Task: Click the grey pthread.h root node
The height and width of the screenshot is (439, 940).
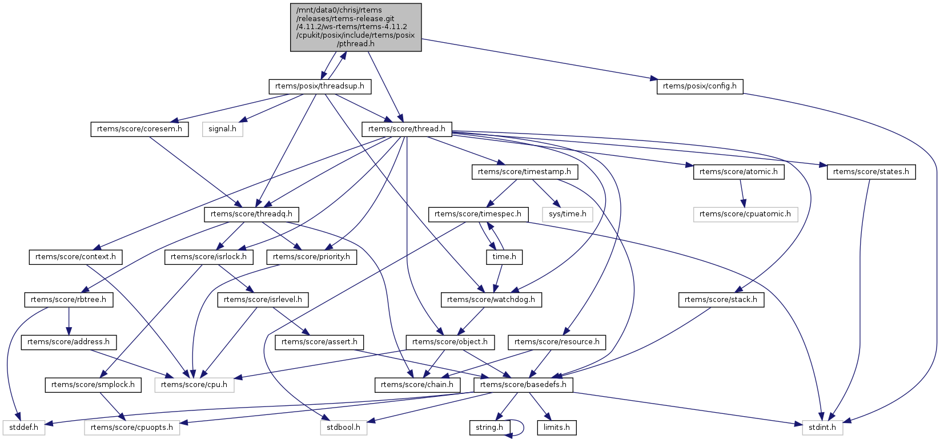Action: coord(356,27)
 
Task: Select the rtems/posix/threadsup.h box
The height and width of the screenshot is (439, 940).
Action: coord(320,87)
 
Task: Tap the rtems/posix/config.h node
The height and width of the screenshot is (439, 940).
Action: coord(700,87)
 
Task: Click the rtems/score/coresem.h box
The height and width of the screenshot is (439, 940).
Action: coord(139,129)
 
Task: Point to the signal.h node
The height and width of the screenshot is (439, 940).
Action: coord(222,129)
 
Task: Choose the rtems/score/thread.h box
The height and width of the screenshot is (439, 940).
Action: coord(407,129)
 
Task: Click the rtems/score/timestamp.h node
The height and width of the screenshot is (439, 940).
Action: coord(525,172)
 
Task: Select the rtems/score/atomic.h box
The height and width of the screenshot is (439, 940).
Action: coord(738,172)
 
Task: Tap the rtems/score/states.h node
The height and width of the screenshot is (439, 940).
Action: coord(871,172)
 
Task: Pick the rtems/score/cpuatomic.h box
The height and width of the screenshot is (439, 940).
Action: coord(745,214)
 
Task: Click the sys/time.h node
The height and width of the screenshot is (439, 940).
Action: coord(568,214)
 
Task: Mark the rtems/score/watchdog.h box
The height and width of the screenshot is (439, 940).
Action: coord(491,300)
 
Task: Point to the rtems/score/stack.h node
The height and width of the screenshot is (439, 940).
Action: coord(721,300)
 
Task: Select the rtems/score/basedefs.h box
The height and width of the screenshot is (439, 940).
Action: coord(523,385)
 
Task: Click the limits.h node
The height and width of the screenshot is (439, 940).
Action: coord(556,428)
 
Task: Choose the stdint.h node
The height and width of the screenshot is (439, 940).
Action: coord(822,428)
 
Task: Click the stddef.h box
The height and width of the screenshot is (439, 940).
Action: coord(23,428)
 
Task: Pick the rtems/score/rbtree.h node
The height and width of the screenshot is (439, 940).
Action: coord(69,300)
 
